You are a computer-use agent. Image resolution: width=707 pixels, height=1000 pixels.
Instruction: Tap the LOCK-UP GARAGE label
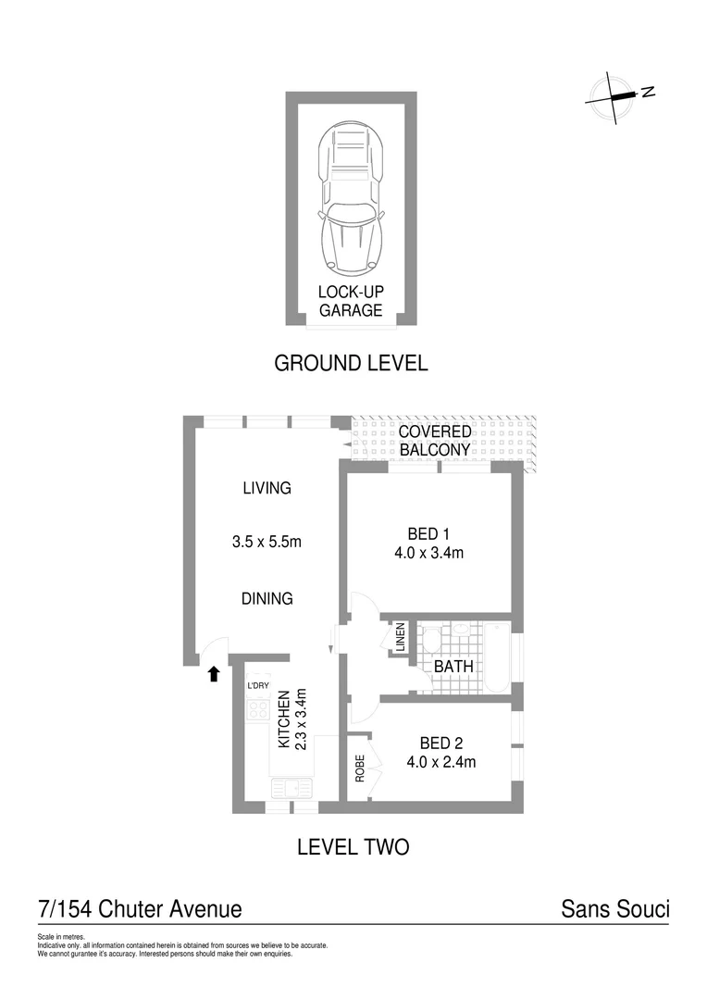click(x=351, y=301)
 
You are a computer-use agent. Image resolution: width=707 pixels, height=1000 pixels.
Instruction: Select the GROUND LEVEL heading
click(x=351, y=363)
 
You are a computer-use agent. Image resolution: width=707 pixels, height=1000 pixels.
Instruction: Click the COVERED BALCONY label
click(x=434, y=441)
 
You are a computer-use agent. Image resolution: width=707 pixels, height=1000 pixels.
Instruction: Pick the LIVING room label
click(x=267, y=488)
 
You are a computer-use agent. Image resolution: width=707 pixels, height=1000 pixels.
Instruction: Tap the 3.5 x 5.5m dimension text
click(x=267, y=542)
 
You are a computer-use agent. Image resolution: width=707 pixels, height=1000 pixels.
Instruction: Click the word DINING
click(x=267, y=598)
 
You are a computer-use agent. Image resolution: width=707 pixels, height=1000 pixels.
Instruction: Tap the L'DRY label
click(x=257, y=685)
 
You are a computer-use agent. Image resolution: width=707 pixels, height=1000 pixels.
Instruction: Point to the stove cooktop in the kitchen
click(x=258, y=710)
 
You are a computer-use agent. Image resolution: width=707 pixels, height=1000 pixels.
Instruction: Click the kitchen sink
click(x=291, y=788)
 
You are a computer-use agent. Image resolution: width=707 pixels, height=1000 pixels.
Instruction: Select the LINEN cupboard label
click(x=401, y=639)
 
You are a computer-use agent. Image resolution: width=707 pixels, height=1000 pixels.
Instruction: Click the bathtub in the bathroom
click(x=497, y=656)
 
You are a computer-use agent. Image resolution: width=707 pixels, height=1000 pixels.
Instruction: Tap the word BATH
click(x=454, y=666)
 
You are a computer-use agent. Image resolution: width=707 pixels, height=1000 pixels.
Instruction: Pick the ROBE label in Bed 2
click(x=360, y=769)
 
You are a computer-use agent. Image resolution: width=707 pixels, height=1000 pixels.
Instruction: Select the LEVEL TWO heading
click(x=353, y=846)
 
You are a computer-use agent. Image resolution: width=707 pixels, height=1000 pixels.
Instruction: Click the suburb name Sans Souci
click(x=614, y=909)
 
